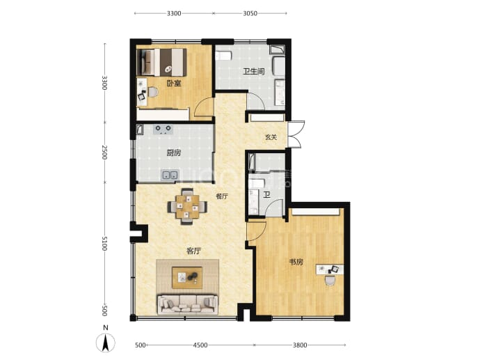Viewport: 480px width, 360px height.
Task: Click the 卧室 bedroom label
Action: (174, 83)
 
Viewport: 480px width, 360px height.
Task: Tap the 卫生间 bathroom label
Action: (254, 72)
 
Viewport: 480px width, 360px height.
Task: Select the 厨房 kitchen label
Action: (174, 152)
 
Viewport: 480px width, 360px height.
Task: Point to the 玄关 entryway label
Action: (271, 137)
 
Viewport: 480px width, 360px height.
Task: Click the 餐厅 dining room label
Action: (222, 196)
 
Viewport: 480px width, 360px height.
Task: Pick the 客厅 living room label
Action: (194, 251)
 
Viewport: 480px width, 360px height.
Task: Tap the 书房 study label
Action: (296, 262)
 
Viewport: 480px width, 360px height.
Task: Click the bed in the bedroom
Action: (161, 62)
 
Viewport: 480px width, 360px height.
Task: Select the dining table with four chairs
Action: (187, 207)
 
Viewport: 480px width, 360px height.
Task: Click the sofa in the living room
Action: (188, 304)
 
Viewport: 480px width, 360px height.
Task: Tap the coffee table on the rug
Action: (187, 278)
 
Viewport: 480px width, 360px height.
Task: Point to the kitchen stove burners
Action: (163, 130)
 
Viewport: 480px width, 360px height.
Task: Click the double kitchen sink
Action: (170, 175)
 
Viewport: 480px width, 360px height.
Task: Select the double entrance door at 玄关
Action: (296, 134)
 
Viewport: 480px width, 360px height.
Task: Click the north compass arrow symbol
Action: (106, 342)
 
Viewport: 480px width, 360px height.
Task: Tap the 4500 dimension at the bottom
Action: (200, 345)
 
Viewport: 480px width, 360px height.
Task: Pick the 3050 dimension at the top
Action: (250, 13)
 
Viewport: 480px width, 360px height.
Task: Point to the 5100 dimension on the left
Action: (104, 243)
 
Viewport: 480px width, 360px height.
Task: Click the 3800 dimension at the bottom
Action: (300, 345)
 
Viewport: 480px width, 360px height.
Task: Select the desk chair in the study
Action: (330, 280)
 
